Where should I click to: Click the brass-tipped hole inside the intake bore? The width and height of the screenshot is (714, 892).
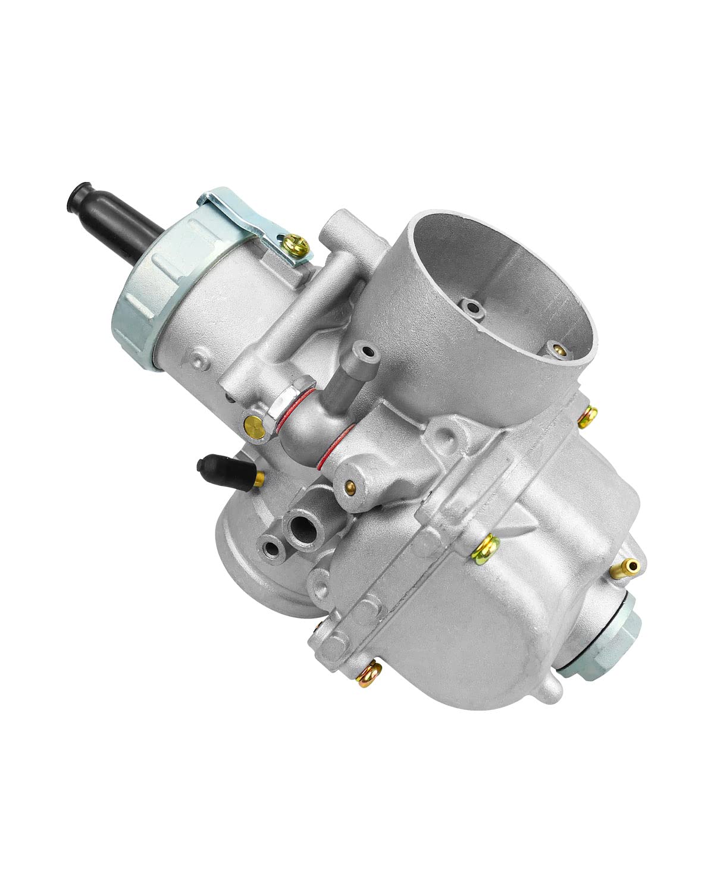point(558,351)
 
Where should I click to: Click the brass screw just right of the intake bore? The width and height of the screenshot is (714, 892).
point(589,417)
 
